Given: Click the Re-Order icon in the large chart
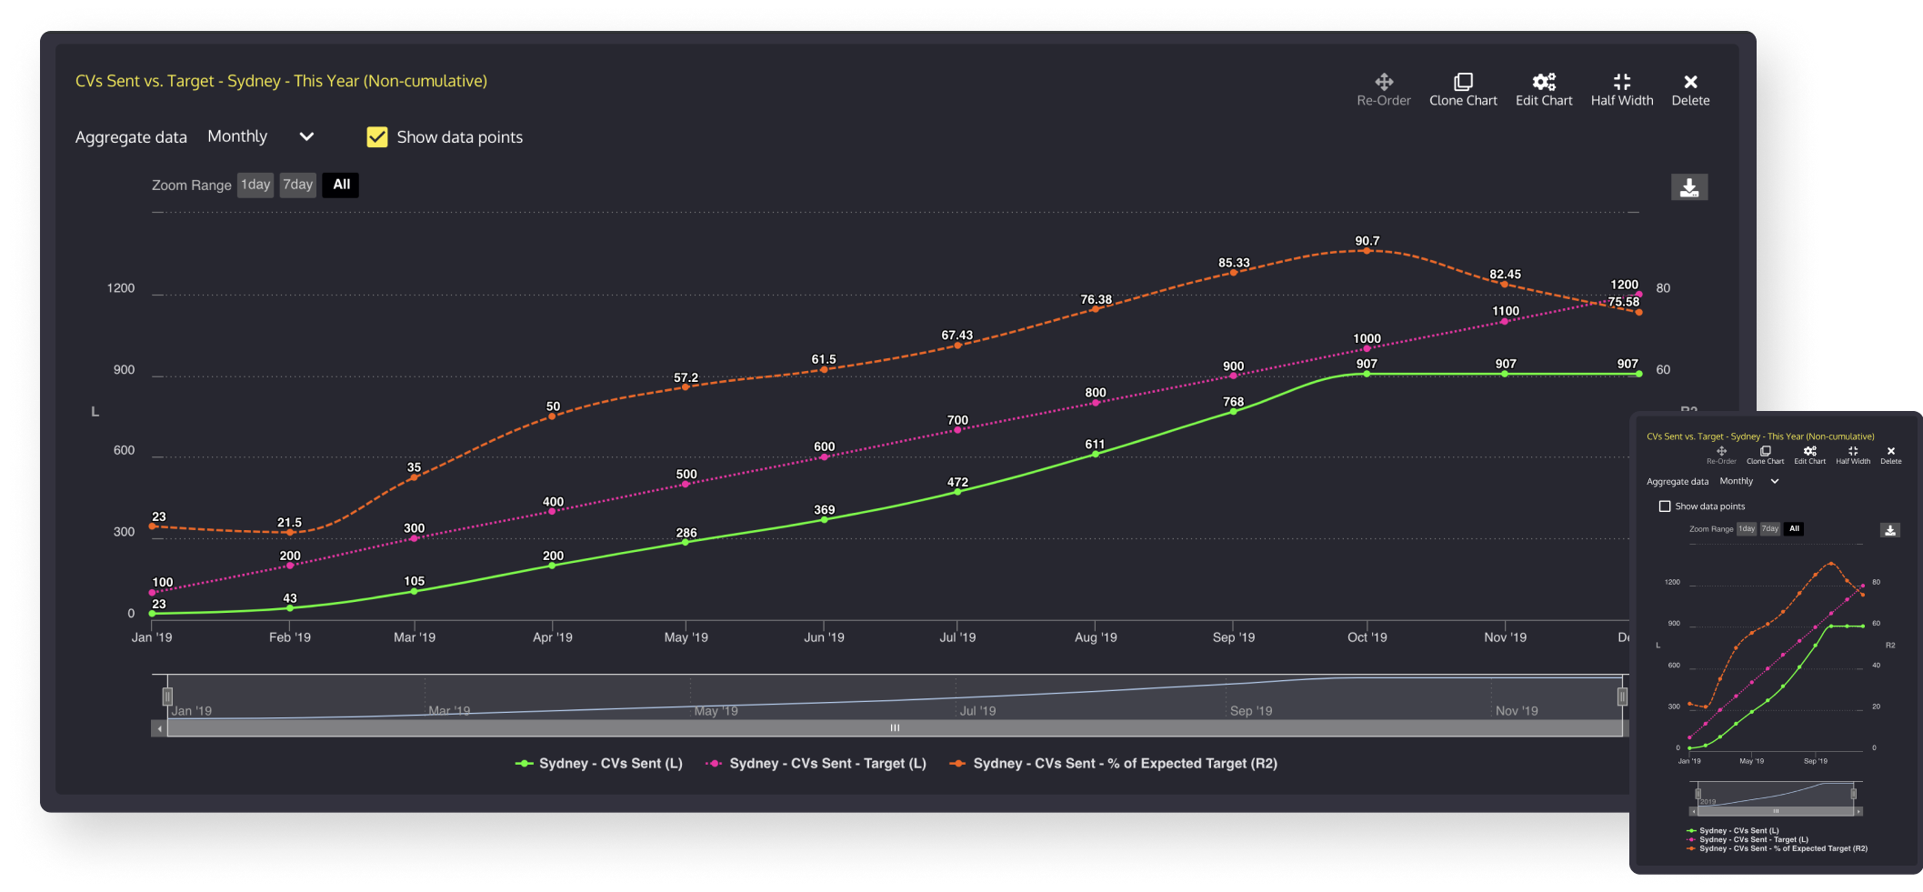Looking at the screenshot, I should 1384,83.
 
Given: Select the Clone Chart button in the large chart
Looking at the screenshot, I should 1463,83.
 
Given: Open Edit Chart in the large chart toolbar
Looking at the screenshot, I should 1544,83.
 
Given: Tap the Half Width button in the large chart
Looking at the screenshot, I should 1622,83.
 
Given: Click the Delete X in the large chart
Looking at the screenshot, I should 1690,83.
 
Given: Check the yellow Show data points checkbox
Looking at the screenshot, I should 377,137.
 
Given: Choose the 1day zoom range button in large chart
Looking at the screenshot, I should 255,185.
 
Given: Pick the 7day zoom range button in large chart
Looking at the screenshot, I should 297,185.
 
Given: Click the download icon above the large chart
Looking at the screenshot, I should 1689,187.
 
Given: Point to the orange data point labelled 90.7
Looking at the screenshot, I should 1367,251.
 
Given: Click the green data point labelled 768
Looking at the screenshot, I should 1234,412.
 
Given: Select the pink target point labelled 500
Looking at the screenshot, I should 686,485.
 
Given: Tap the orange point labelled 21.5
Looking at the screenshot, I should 290,533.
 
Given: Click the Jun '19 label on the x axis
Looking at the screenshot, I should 824,637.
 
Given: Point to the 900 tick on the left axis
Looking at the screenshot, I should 124,370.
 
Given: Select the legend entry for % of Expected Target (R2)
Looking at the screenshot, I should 1113,764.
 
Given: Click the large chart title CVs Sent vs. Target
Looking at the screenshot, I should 281,81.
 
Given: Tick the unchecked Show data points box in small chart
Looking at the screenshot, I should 1665,506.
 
